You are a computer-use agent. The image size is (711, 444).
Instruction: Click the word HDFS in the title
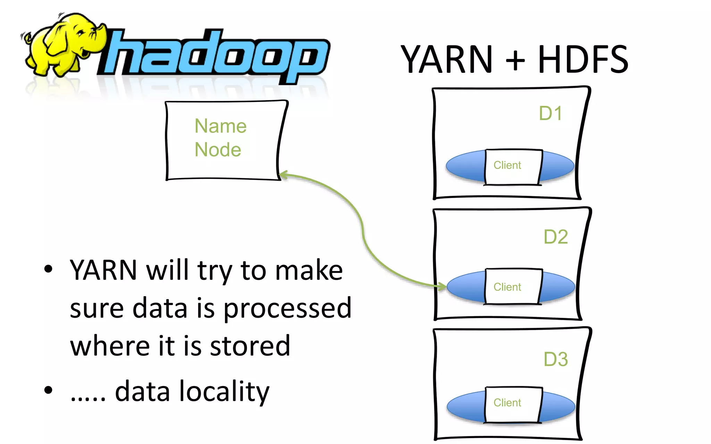pyautogui.click(x=583, y=60)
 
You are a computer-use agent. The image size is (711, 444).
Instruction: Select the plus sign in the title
pyautogui.click(x=515, y=61)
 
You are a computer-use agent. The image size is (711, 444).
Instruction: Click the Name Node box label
pyautogui.click(x=220, y=138)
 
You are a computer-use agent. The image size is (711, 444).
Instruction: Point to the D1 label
pyautogui.click(x=550, y=113)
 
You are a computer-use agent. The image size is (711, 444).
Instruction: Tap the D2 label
pyautogui.click(x=555, y=237)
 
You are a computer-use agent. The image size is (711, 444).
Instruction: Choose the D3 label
pyautogui.click(x=555, y=359)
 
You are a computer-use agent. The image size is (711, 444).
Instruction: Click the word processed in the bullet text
pyautogui.click(x=287, y=309)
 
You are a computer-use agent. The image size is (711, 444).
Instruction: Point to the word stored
pyautogui.click(x=250, y=346)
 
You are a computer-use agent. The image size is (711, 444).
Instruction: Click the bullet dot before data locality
pyautogui.click(x=49, y=390)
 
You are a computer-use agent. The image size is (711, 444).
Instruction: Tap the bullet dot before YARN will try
pyautogui.click(x=49, y=269)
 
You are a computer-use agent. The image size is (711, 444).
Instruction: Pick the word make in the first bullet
pyautogui.click(x=309, y=271)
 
